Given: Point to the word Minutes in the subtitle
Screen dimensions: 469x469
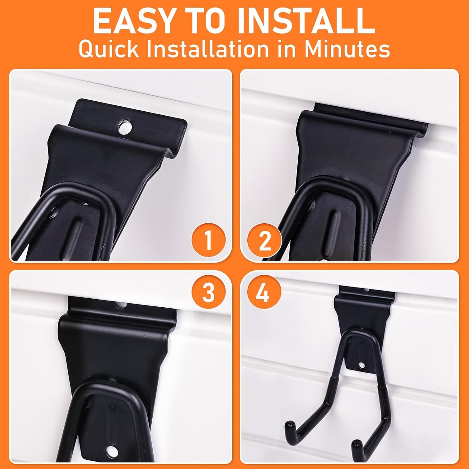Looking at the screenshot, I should [x=347, y=49].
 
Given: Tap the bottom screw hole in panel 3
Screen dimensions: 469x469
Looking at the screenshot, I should [x=113, y=450].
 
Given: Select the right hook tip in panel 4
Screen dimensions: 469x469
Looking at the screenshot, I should [x=356, y=444].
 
